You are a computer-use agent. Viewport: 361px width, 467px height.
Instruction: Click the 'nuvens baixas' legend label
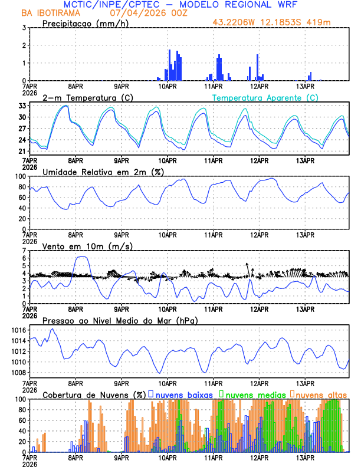pos(183,394)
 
